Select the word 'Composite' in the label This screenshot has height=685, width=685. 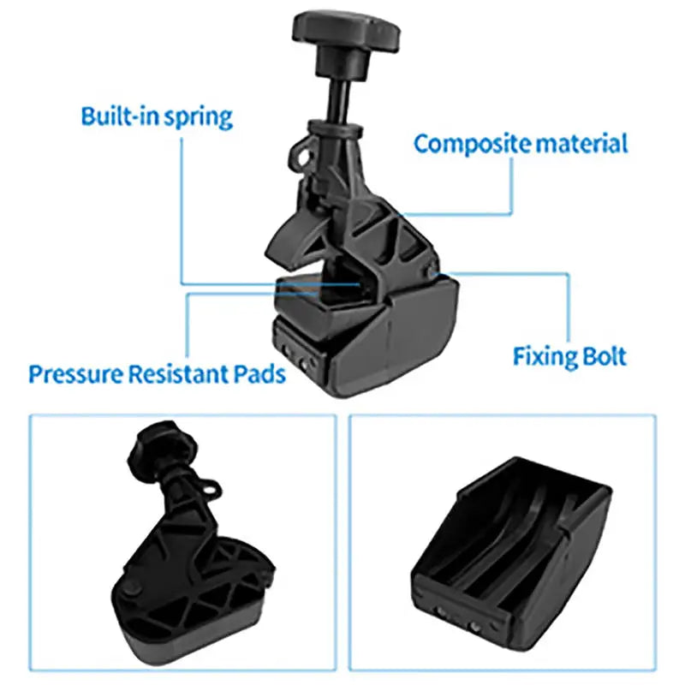pyautogui.click(x=472, y=143)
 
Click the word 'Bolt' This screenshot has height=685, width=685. pyautogui.click(x=605, y=355)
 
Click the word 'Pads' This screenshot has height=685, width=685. pyautogui.click(x=260, y=374)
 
